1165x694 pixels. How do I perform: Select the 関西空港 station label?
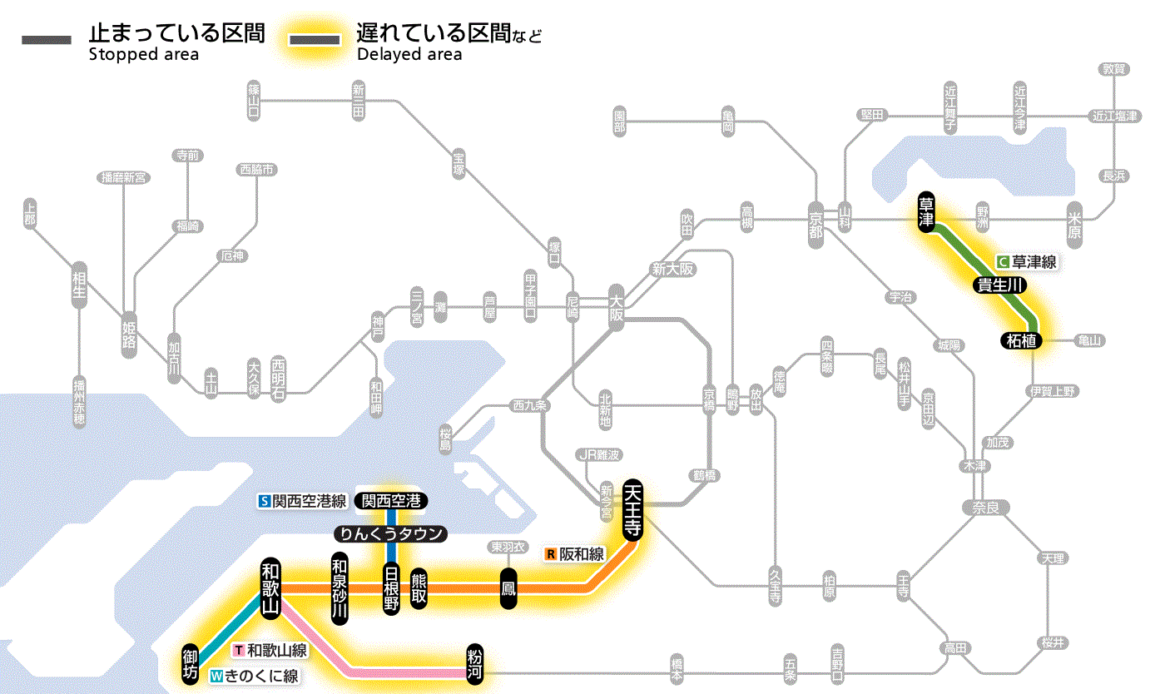[x=390, y=501]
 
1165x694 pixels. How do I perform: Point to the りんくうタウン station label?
[x=390, y=534]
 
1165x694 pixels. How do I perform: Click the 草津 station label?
[x=925, y=213]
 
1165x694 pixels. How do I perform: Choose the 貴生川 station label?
[x=1000, y=285]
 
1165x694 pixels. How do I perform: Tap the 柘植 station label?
[x=1020, y=340]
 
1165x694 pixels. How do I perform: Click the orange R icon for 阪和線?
[x=550, y=554]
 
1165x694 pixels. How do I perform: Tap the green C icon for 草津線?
[x=1003, y=261]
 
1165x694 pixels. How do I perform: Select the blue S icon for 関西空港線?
[x=265, y=501]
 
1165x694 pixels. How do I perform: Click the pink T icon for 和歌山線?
[x=239, y=651]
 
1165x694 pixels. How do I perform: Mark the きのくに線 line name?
[x=260, y=677]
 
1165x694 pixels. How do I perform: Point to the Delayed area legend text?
[x=409, y=55]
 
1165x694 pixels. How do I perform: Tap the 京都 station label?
[x=815, y=221]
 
